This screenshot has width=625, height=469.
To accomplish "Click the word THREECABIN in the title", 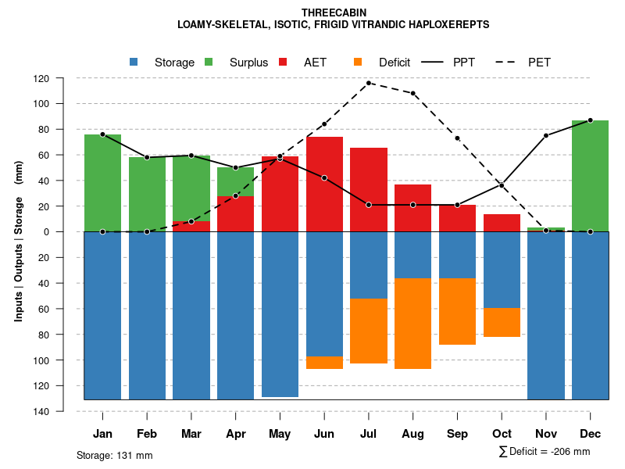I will pos(333,13).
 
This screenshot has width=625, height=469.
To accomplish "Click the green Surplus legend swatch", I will pos(210,63).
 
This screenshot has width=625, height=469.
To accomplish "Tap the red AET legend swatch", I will pos(284,63).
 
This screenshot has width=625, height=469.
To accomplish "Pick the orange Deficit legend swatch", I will pos(359,63).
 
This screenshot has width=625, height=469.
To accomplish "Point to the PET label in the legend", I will pos(539,63).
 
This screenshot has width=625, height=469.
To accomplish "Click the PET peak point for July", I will pos(368,83).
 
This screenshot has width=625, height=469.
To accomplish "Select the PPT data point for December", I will pos(590,120).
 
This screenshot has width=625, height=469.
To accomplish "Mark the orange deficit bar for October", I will pos(502,322).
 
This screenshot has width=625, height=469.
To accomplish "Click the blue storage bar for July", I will pos(368,265).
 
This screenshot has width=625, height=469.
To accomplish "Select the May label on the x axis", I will pos(280,434).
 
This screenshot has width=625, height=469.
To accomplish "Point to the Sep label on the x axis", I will pos(457,434).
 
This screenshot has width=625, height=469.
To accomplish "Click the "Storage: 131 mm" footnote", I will pos(114,455).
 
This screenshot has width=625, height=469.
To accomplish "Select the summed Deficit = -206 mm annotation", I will pos(544,452).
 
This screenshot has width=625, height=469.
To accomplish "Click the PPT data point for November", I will pos(546,136).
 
